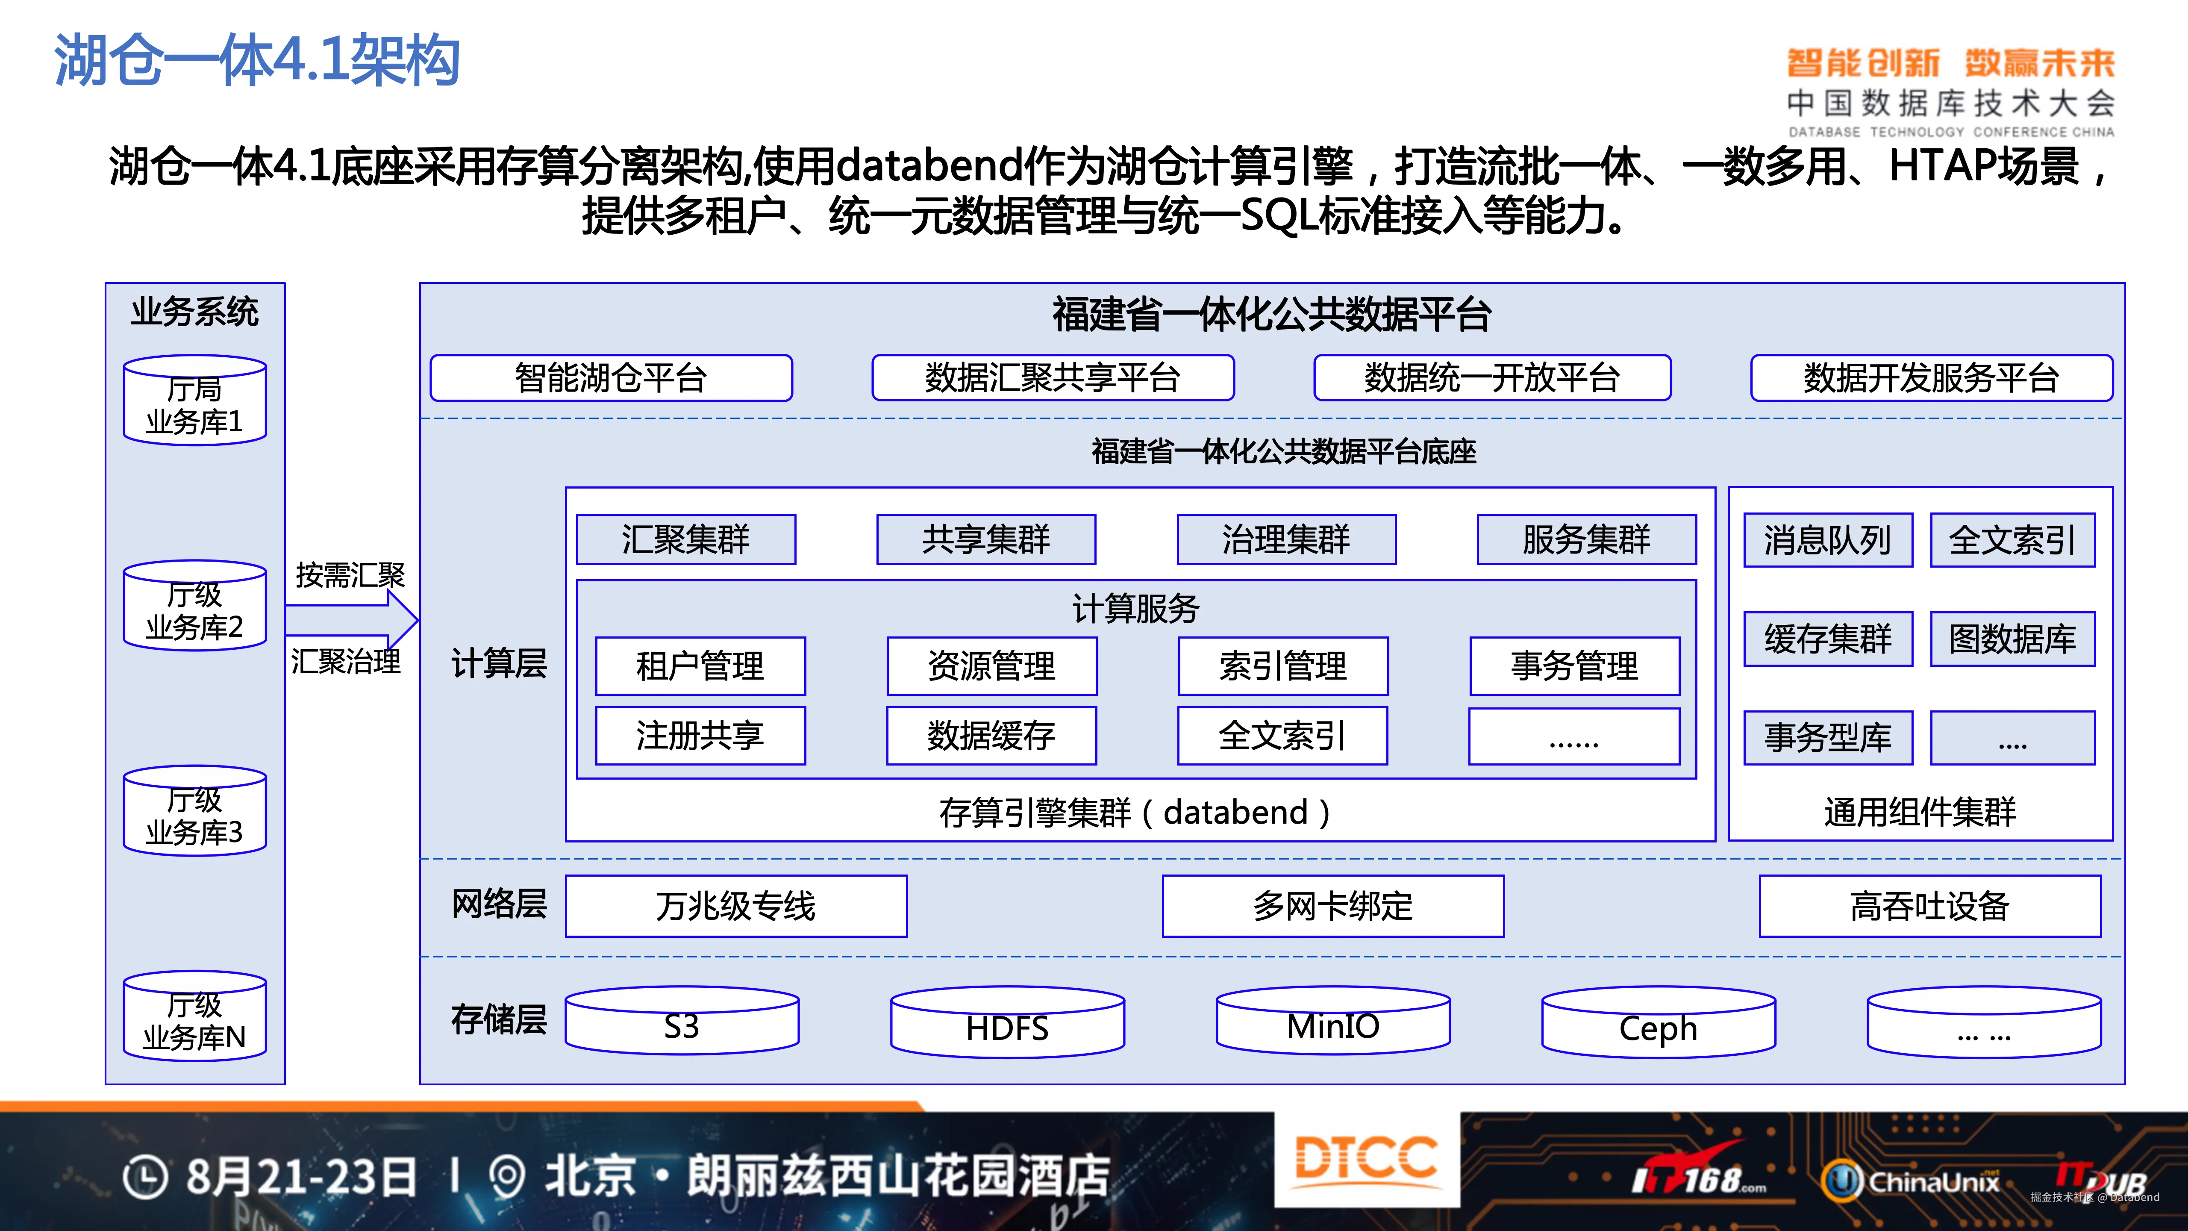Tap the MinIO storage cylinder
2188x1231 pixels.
1333,1022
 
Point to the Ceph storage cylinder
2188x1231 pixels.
1658,1024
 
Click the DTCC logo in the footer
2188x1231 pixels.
1366,1160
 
